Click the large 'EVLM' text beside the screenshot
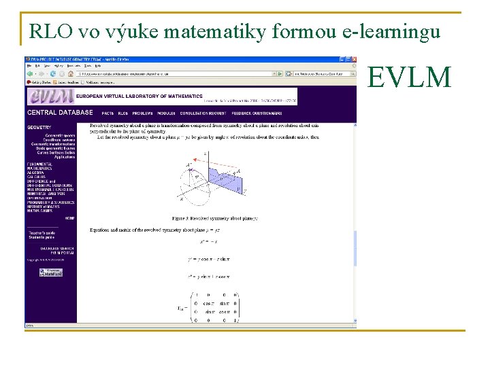pos(409,79)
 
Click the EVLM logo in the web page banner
pos(50,97)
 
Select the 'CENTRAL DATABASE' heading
pos(60,113)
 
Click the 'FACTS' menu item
pos(108,113)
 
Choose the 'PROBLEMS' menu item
pos(142,113)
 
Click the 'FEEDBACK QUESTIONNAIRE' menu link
pos(257,113)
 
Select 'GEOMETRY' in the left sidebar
pos(39,127)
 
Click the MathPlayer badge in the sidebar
pos(50,272)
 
